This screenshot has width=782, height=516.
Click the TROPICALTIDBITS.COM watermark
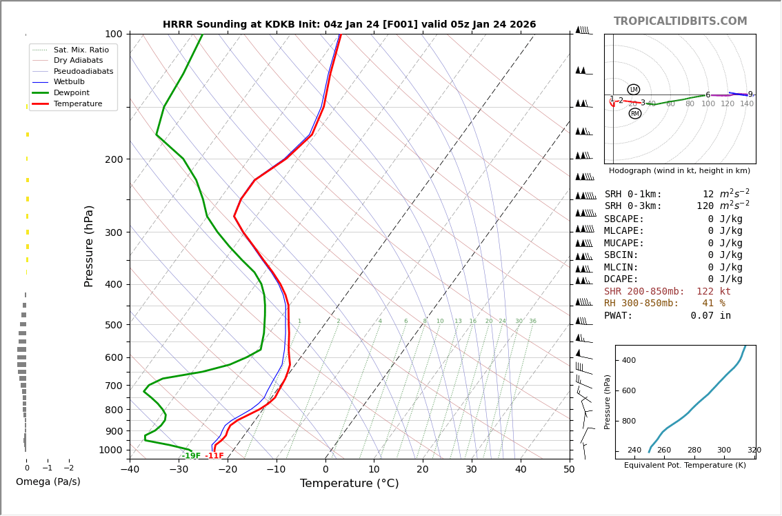[680, 21]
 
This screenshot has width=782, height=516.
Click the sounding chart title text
[349, 25]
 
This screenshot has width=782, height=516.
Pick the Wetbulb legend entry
[69, 82]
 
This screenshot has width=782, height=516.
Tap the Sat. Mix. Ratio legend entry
[81, 50]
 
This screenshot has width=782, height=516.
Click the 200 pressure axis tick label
[113, 159]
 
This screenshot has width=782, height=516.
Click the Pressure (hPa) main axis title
[90, 246]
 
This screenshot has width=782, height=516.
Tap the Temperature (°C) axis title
[349, 484]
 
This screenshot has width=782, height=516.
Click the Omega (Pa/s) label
[48, 482]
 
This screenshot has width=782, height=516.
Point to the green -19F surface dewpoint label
[191, 456]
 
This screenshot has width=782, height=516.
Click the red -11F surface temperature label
[214, 456]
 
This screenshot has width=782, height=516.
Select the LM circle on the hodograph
[633, 90]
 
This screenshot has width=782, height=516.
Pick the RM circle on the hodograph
[634, 114]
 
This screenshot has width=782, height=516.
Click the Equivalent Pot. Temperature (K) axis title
[685, 466]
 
